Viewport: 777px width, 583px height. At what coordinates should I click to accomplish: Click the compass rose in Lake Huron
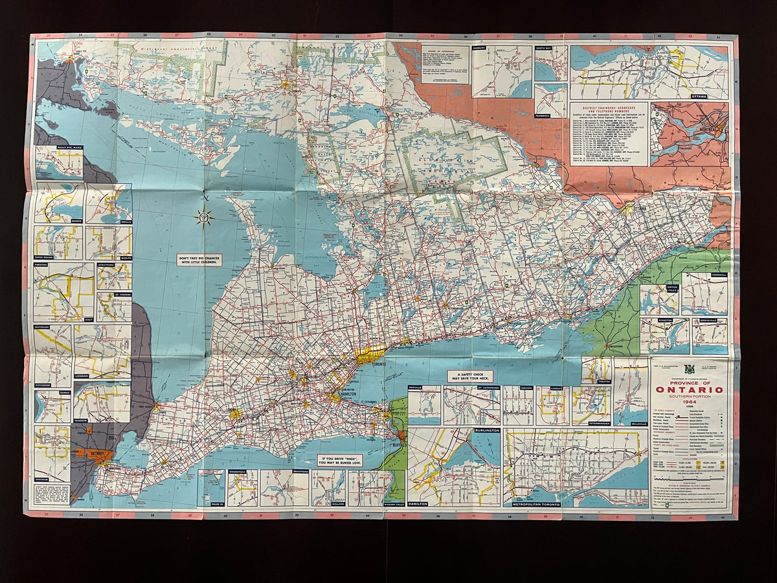click(x=204, y=217)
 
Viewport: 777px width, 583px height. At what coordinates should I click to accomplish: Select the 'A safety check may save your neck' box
click(x=469, y=376)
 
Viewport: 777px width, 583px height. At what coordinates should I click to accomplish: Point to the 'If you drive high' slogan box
click(x=339, y=461)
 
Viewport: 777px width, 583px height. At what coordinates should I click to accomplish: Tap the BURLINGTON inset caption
click(x=486, y=430)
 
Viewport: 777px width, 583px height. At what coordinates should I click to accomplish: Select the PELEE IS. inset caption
click(x=210, y=503)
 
